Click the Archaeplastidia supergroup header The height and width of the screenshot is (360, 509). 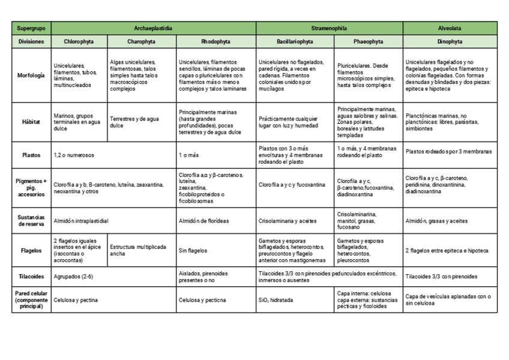(x=153, y=28)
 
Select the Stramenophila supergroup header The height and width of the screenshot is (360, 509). (x=329, y=28)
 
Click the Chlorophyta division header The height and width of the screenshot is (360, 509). (x=79, y=42)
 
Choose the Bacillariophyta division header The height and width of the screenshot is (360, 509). (x=295, y=42)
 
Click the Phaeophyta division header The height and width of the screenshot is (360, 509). (x=369, y=42)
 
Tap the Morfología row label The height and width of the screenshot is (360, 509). (x=31, y=76)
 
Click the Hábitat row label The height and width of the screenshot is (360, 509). (x=31, y=122)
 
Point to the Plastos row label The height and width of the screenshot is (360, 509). (x=31, y=155)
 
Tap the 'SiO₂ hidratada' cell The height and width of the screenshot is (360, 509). (x=276, y=300)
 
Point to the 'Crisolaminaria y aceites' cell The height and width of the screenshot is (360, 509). (x=288, y=221)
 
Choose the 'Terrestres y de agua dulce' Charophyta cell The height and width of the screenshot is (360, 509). (x=139, y=122)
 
